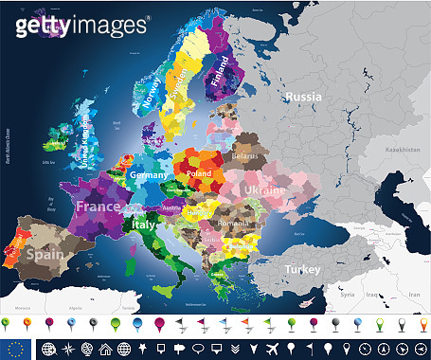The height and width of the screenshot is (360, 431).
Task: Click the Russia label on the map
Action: [x=304, y=97]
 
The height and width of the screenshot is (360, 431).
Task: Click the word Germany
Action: [x=149, y=176]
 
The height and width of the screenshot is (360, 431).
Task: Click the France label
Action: [x=99, y=207]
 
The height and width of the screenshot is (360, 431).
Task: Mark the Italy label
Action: [x=144, y=227]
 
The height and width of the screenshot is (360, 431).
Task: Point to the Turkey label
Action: [x=305, y=268]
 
